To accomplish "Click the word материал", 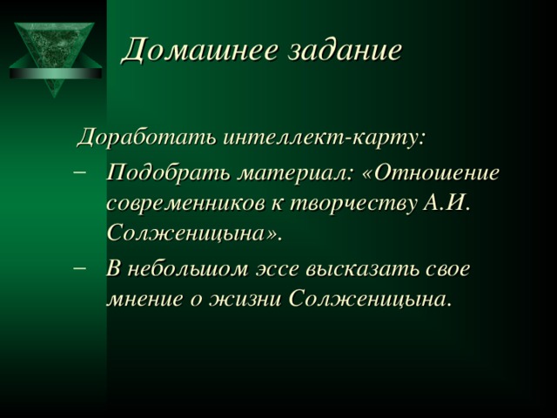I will click(x=294, y=172).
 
